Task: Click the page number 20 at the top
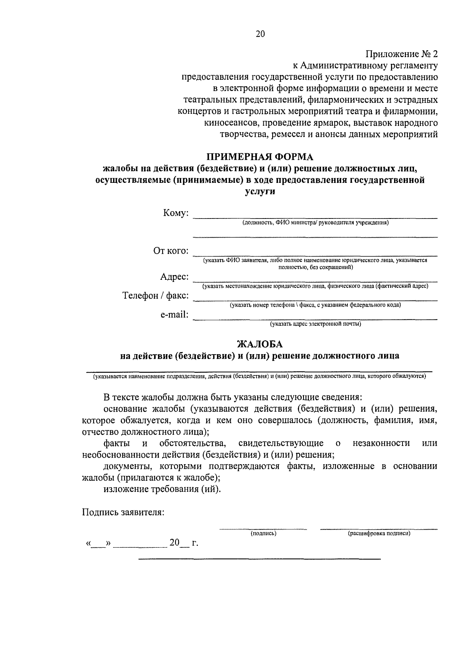(x=260, y=34)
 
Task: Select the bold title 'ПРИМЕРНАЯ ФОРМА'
(x=260, y=157)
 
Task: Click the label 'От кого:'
(x=171, y=251)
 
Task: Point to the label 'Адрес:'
(x=174, y=277)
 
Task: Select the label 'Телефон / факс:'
(x=155, y=296)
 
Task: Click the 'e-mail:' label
(x=174, y=315)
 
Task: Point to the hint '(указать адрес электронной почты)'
(x=316, y=324)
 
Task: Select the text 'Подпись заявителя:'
(x=123, y=512)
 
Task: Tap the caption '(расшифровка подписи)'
(x=379, y=533)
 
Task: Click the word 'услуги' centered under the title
(x=260, y=192)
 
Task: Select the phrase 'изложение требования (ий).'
(x=162, y=489)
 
